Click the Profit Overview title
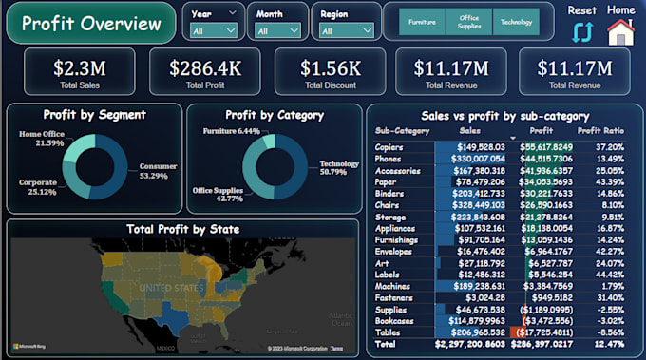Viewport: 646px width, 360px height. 91,24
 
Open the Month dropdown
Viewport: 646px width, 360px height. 277,30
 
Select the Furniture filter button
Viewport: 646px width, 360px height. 423,22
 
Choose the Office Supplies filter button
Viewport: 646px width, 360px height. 469,22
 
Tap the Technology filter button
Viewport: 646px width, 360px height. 516,22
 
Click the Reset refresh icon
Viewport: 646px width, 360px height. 581,31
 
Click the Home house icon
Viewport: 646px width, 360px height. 620,31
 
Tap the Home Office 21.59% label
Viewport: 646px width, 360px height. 43,138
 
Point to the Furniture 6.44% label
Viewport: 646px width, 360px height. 231,131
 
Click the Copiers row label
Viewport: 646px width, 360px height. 390,147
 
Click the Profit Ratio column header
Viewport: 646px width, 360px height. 601,130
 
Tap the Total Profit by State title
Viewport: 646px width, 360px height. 182,229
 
